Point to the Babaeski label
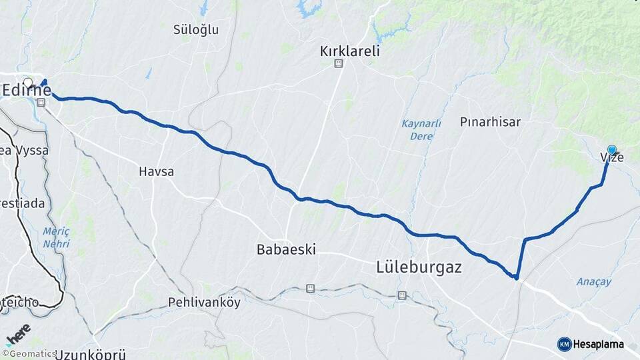(286, 250)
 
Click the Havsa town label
(156, 171)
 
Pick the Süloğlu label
(196, 30)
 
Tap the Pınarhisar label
(490, 122)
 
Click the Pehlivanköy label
(204, 301)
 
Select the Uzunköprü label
(91, 353)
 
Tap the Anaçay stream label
(594, 282)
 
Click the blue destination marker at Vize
(612, 151)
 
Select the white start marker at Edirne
(27, 83)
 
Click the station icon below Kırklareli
(339, 63)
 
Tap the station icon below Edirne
(41, 103)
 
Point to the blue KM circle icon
(564, 344)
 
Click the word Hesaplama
(600, 344)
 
